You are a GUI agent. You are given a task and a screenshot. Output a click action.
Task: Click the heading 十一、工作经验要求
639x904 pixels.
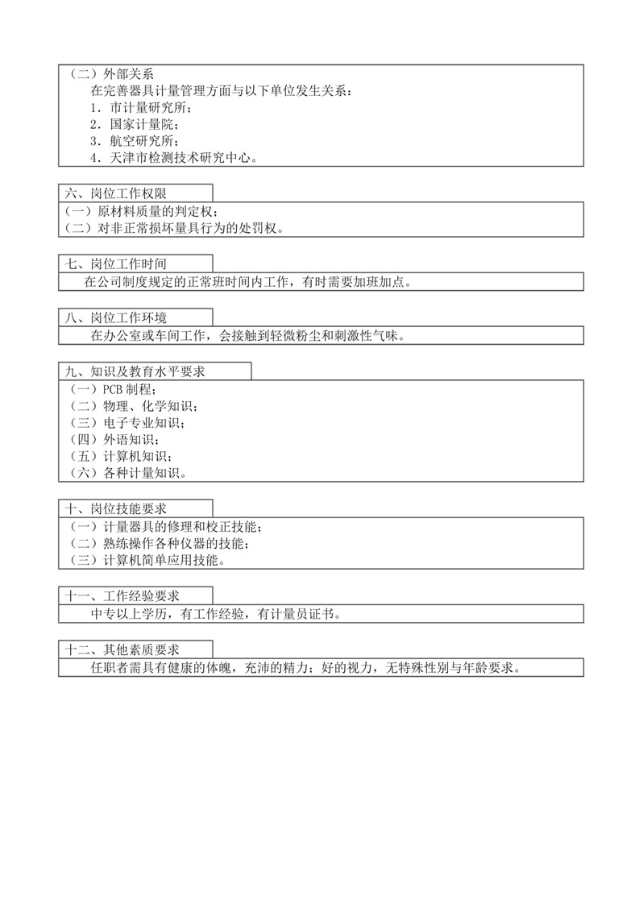(122, 596)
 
